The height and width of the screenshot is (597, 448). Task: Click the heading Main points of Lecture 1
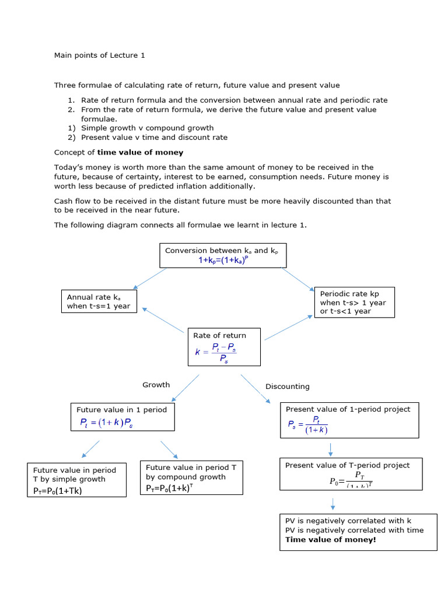pyautogui.click(x=100, y=55)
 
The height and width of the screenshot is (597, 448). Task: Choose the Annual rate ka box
pyautogui.click(x=99, y=301)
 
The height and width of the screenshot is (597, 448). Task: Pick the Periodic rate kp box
pyautogui.click(x=353, y=302)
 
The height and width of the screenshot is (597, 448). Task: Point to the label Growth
pyautogui.click(x=156, y=385)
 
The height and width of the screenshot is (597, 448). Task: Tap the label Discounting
pyautogui.click(x=288, y=387)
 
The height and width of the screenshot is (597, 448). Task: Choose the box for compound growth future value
pyautogui.click(x=191, y=478)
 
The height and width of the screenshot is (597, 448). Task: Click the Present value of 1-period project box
pyautogui.click(x=349, y=420)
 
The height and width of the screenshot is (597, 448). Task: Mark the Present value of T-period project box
pyautogui.click(x=349, y=474)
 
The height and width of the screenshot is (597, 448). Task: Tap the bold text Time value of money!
pyautogui.click(x=331, y=540)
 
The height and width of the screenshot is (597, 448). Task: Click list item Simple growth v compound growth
pyautogui.click(x=147, y=128)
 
